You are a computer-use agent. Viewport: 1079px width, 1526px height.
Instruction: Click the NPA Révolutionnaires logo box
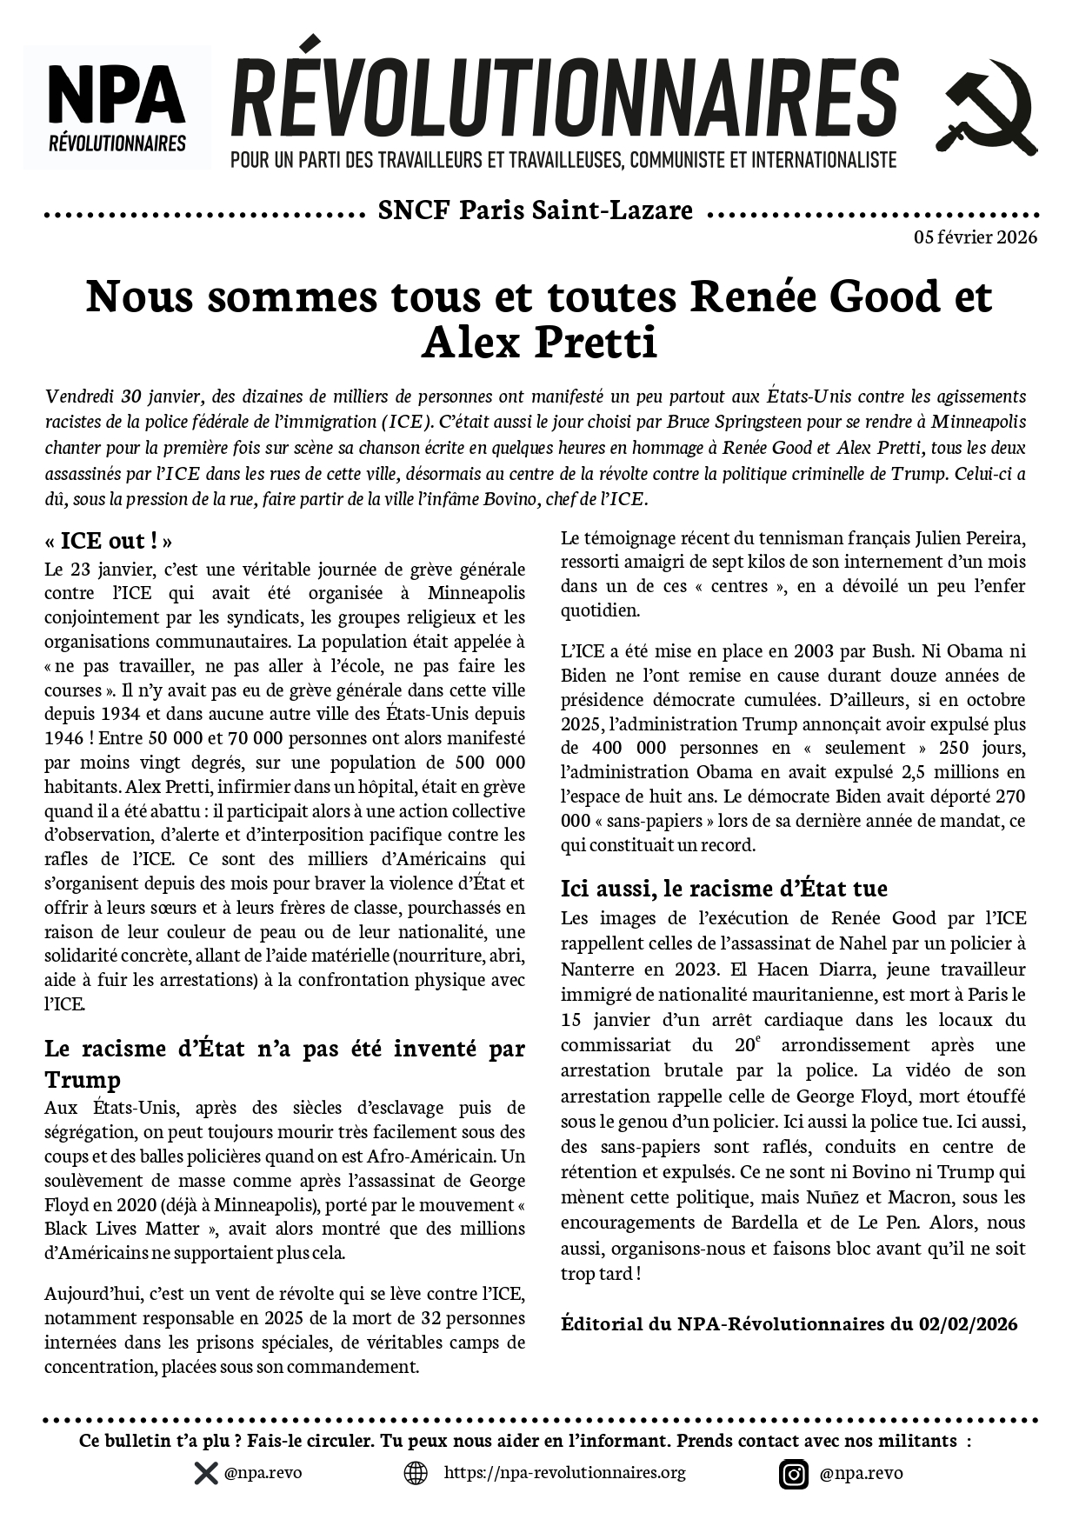coord(117,107)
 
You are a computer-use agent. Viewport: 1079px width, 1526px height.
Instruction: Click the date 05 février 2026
coord(975,237)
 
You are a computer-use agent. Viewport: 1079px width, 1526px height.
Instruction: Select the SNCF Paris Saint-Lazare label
coord(536,211)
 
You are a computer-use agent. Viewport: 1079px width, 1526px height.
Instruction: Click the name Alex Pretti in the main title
coord(539,343)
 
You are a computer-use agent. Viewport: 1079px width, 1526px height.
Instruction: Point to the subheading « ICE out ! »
coord(109,541)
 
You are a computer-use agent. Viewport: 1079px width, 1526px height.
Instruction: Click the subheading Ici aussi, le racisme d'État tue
coord(723,889)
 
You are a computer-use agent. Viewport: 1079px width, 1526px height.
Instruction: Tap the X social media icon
coord(206,1473)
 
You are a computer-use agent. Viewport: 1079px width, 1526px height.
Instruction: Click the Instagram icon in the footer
coord(793,1474)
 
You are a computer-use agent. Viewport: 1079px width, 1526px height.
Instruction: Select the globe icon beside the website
coord(416,1473)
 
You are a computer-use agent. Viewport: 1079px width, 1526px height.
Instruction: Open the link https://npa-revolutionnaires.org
coord(564,1473)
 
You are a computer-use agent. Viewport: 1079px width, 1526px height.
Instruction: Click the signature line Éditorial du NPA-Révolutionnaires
coord(789,1323)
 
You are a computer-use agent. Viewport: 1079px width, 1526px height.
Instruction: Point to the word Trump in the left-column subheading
coord(83,1080)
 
